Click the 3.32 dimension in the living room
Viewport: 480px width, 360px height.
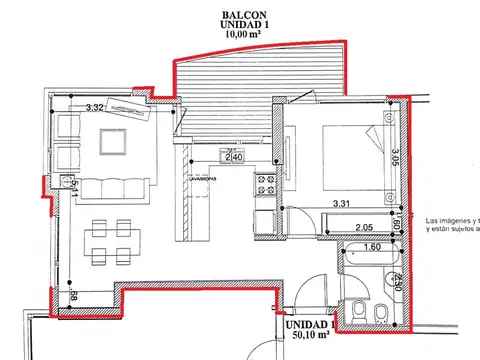(x=96, y=107)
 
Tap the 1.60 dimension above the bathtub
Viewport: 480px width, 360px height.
(x=372, y=246)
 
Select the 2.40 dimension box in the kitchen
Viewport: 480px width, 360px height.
(x=232, y=157)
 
